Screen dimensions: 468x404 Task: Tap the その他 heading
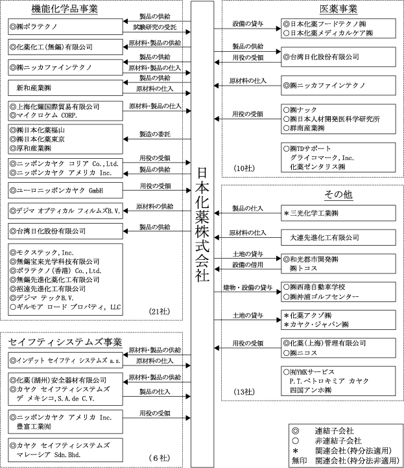click(338, 195)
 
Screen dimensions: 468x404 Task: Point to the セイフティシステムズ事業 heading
click(67, 342)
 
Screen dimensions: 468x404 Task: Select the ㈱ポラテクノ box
click(65, 26)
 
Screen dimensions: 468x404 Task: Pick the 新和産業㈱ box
click(65, 87)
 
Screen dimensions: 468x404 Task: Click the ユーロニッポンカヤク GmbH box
click(65, 191)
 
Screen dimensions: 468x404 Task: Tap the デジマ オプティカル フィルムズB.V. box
click(65, 211)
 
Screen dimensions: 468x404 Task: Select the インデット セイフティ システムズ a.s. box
click(65, 360)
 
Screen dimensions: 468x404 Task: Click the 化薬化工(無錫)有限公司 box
click(65, 47)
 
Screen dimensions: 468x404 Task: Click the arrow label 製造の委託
click(155, 134)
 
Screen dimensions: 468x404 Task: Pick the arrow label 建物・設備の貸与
click(248, 287)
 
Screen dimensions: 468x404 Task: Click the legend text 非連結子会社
click(340, 441)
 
